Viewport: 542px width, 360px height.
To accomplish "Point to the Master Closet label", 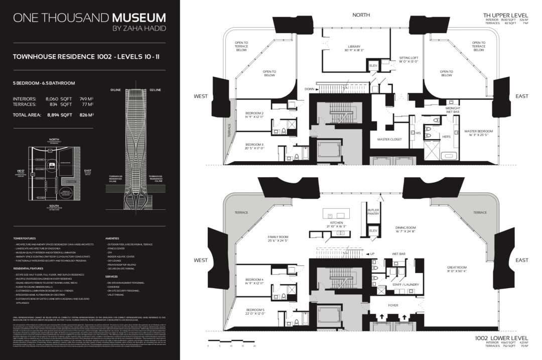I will tap(389, 139).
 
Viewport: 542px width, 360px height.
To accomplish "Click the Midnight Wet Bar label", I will tap(453, 109).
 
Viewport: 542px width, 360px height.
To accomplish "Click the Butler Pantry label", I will tap(373, 211).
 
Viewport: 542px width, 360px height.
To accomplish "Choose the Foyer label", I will tap(393, 305).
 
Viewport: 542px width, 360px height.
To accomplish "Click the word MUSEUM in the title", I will tap(139, 18).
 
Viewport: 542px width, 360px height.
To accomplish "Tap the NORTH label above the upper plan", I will tap(361, 15).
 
